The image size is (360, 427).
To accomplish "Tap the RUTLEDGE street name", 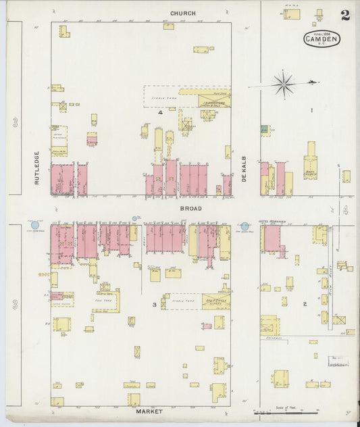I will (x=38, y=168).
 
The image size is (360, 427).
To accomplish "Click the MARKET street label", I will (x=149, y=410).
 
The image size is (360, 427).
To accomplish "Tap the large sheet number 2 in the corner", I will (x=345, y=16).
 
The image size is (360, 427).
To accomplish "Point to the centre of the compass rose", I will (x=284, y=84).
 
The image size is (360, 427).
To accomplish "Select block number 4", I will (x=160, y=114).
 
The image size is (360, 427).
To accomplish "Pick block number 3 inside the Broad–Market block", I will (x=155, y=305).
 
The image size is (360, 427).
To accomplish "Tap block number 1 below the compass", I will (x=311, y=109).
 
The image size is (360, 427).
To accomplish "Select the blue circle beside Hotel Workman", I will (x=245, y=226).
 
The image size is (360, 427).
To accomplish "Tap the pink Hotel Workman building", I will (x=272, y=238).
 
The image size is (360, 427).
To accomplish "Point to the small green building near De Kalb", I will (x=265, y=129).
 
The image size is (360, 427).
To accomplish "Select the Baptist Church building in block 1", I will (x=311, y=162).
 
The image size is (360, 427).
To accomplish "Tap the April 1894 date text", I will (x=321, y=31).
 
